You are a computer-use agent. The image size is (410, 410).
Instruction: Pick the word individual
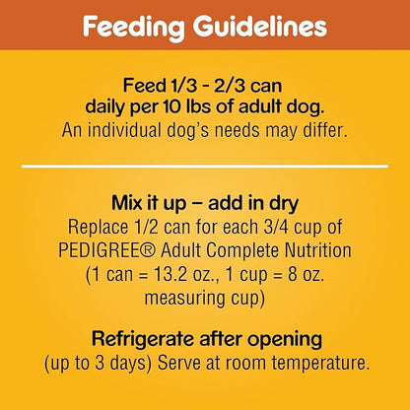click(x=151, y=126)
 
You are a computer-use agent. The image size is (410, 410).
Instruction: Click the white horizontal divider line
click(x=205, y=165)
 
